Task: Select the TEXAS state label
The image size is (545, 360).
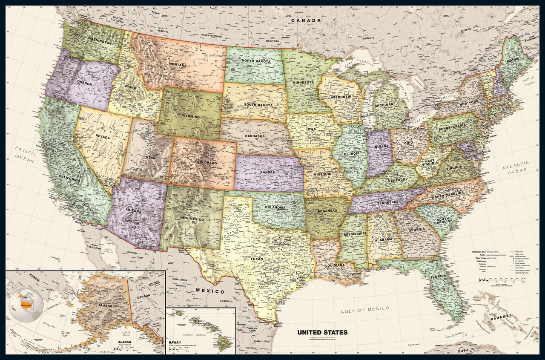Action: (x=257, y=259)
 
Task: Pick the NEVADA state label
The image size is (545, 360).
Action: (x=102, y=138)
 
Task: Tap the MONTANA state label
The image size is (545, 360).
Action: (x=178, y=65)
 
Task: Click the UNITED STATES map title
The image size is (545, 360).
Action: (x=322, y=332)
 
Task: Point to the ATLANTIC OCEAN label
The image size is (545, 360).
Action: (x=516, y=167)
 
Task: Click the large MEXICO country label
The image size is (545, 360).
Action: (x=210, y=291)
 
